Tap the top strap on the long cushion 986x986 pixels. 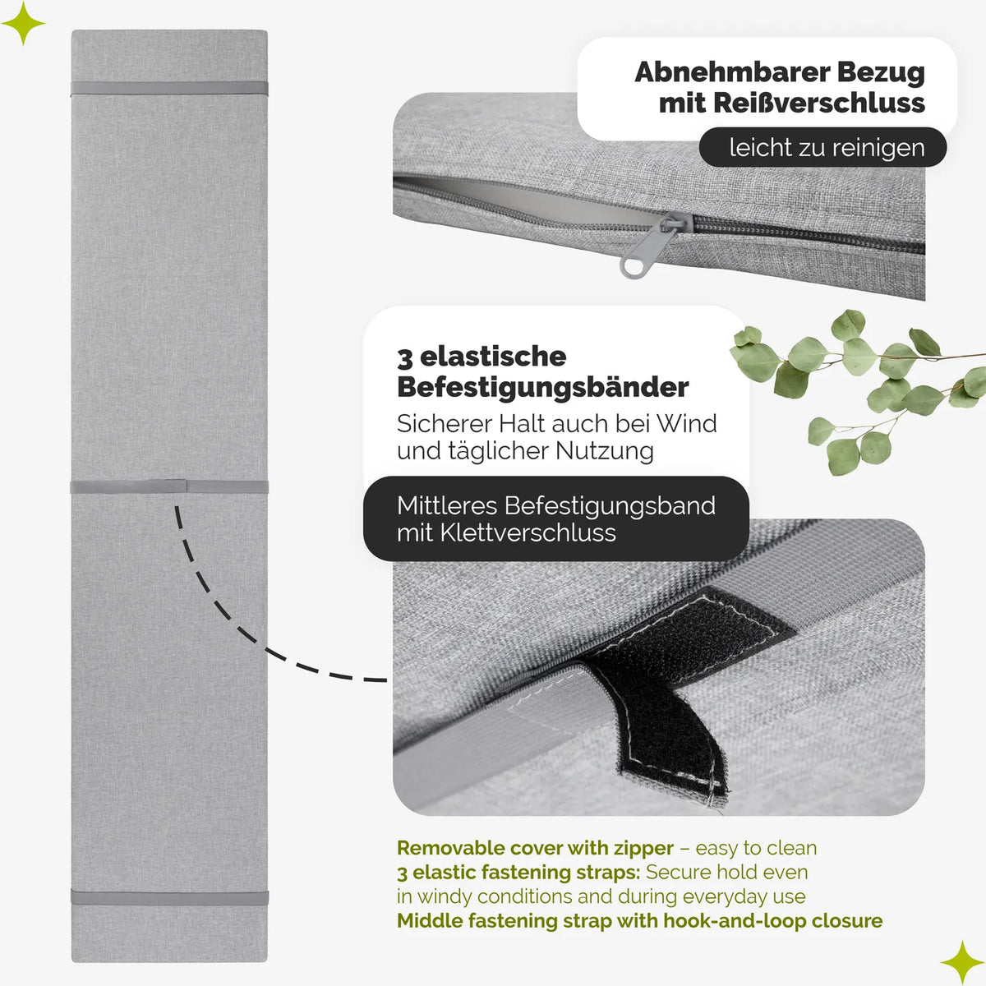point(169,88)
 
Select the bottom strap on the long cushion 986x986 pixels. point(169,897)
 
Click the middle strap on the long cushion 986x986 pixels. point(169,486)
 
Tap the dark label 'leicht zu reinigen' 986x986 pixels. point(822,147)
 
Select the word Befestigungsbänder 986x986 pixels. point(542,387)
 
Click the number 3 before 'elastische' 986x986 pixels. point(404,358)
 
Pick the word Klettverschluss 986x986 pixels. point(528,532)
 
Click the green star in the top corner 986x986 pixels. point(23,23)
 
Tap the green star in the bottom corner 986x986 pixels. point(962,962)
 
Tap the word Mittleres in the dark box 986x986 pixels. point(447,505)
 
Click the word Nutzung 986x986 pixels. point(604,451)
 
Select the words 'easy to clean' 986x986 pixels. point(756,848)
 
